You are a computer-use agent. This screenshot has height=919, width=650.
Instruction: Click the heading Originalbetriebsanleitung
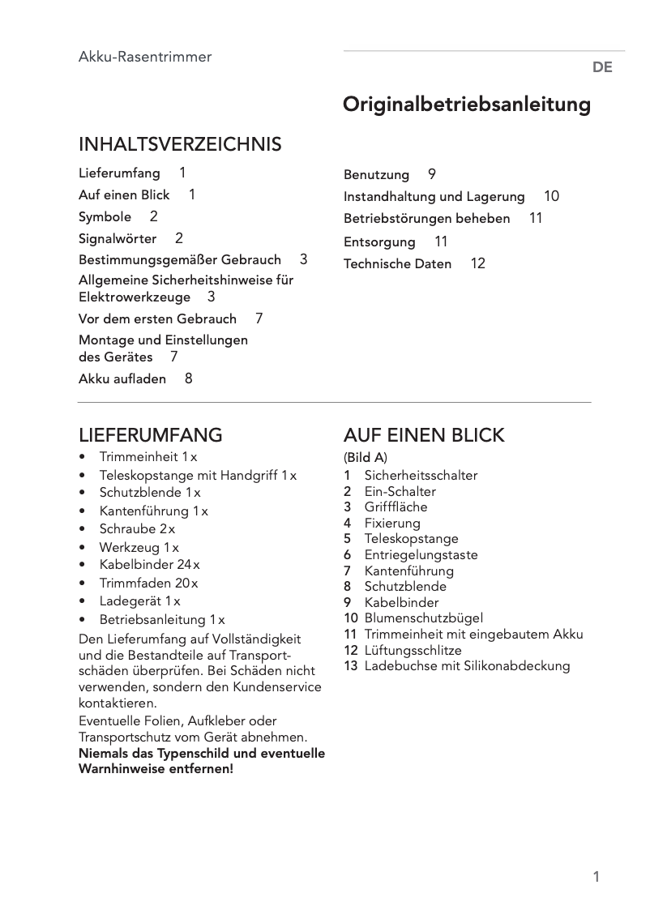(467, 105)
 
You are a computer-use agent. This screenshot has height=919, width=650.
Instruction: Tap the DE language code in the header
(602, 68)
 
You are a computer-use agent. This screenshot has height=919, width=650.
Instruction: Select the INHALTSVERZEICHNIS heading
(180, 145)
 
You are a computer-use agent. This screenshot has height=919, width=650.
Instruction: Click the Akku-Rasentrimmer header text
(145, 57)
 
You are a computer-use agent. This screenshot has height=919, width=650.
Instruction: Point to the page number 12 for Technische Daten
(478, 263)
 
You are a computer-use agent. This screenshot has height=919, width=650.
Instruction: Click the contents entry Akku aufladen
(122, 378)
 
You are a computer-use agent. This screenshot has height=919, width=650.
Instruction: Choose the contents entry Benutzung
(377, 174)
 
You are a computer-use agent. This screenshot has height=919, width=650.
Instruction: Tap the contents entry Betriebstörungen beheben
(427, 219)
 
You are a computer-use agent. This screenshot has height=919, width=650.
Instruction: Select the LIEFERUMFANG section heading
(151, 435)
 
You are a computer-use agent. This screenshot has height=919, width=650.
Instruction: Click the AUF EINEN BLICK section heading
(424, 435)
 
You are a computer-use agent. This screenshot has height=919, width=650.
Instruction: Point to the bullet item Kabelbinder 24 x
(149, 565)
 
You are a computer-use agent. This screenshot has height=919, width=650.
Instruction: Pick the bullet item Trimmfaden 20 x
(148, 583)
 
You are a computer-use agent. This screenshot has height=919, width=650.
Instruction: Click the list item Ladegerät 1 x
(139, 601)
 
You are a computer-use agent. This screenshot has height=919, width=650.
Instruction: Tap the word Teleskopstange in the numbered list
(411, 539)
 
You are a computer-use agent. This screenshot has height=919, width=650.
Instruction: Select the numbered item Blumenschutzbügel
(424, 618)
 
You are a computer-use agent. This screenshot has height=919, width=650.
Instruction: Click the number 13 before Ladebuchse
(350, 666)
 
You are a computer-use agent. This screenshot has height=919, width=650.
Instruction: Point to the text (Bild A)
(366, 458)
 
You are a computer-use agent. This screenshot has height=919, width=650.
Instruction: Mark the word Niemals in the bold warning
(103, 754)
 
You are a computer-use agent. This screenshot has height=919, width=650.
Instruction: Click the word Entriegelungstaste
(421, 555)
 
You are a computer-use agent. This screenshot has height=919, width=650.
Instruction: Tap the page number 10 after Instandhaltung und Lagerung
(551, 196)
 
